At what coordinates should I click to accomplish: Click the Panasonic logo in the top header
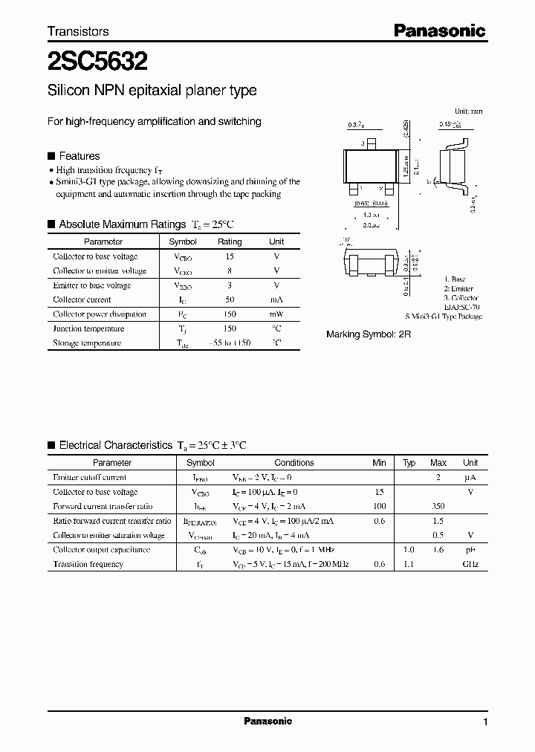pyautogui.click(x=439, y=30)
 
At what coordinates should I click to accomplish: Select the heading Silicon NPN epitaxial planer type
pyautogui.click(x=152, y=91)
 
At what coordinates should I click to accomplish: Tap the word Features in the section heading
pyautogui.click(x=79, y=156)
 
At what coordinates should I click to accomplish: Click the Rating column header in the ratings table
pyautogui.click(x=230, y=242)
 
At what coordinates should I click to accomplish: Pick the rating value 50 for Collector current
pyautogui.click(x=230, y=299)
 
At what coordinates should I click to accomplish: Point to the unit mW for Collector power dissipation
pyautogui.click(x=276, y=314)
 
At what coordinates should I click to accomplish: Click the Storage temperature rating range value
pyautogui.click(x=230, y=343)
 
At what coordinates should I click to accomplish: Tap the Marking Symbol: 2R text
pyautogui.click(x=369, y=335)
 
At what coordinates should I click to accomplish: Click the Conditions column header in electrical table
pyautogui.click(x=294, y=462)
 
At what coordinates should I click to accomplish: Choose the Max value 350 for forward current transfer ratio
pyautogui.click(x=438, y=506)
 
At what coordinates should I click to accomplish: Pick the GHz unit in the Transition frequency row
pyautogui.click(x=470, y=564)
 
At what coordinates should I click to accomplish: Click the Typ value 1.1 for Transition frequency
pyautogui.click(x=409, y=564)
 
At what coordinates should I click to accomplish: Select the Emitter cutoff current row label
pyautogui.click(x=90, y=477)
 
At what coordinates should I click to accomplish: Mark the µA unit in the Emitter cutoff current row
pyautogui.click(x=470, y=477)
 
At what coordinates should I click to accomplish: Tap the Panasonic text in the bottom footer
pyautogui.click(x=267, y=721)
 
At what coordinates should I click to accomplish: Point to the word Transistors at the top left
pyautogui.click(x=78, y=31)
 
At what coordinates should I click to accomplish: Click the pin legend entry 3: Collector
pyautogui.click(x=460, y=297)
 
